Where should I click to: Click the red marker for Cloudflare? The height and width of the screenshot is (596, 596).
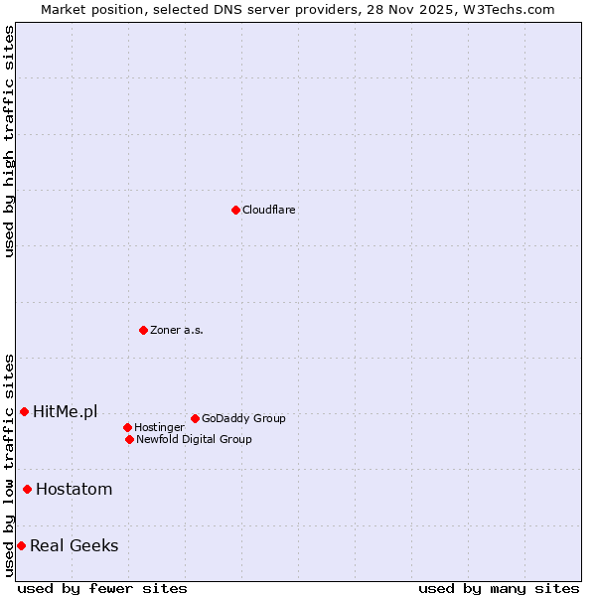(235, 210)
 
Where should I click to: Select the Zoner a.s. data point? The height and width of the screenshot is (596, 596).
(143, 330)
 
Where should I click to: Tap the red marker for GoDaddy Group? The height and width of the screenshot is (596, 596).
(195, 418)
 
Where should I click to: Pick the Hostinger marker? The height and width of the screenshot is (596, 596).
(127, 427)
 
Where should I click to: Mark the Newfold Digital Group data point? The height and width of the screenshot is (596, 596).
(129, 439)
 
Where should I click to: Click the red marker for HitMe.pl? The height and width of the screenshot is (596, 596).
(24, 411)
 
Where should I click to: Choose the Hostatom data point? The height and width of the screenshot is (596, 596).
(27, 489)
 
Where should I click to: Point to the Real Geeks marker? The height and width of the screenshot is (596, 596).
(21, 545)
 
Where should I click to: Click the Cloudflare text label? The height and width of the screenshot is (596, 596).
(269, 210)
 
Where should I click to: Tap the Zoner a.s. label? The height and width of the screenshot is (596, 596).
(177, 330)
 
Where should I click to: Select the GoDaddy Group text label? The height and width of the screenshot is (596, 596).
(243, 418)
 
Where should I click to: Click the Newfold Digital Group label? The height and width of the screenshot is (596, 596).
(194, 439)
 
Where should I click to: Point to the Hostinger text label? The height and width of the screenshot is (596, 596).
(159, 427)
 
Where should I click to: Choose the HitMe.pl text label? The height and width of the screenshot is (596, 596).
(65, 411)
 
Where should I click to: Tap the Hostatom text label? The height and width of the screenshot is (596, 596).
(74, 489)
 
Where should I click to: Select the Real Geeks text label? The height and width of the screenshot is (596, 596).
(74, 545)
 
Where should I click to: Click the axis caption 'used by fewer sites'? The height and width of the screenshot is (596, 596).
(102, 588)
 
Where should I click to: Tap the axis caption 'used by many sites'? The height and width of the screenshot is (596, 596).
(499, 588)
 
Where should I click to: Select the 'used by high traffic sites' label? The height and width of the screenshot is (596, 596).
(9, 141)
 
